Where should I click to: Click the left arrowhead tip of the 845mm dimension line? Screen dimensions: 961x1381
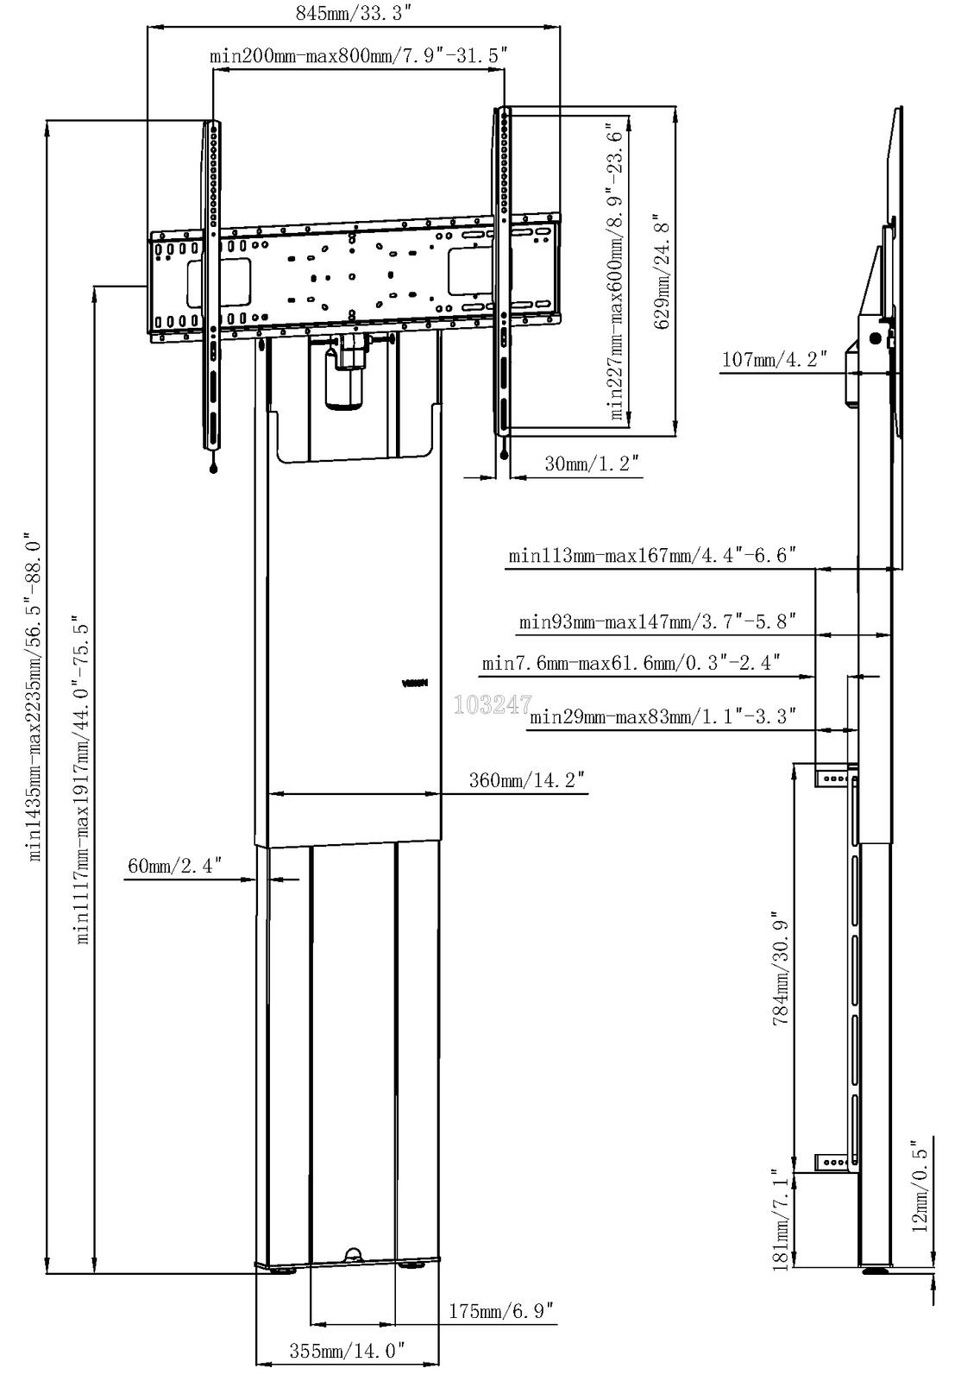148,27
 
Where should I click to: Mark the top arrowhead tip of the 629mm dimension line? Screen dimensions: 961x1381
676,107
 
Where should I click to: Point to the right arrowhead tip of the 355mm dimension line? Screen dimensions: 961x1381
440,1363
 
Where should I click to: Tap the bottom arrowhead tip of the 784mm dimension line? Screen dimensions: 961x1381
795,1170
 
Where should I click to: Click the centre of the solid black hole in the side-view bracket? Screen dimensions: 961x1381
875,337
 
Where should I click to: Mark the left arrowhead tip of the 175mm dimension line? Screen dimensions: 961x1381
311,1323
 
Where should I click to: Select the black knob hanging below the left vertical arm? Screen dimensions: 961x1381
214,469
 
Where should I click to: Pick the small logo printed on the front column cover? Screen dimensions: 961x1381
415,683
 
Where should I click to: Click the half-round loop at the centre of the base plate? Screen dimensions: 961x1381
353,1256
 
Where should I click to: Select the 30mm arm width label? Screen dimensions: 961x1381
592,463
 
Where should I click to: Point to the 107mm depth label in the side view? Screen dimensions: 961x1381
774,358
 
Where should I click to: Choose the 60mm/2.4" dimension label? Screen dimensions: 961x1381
174,865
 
